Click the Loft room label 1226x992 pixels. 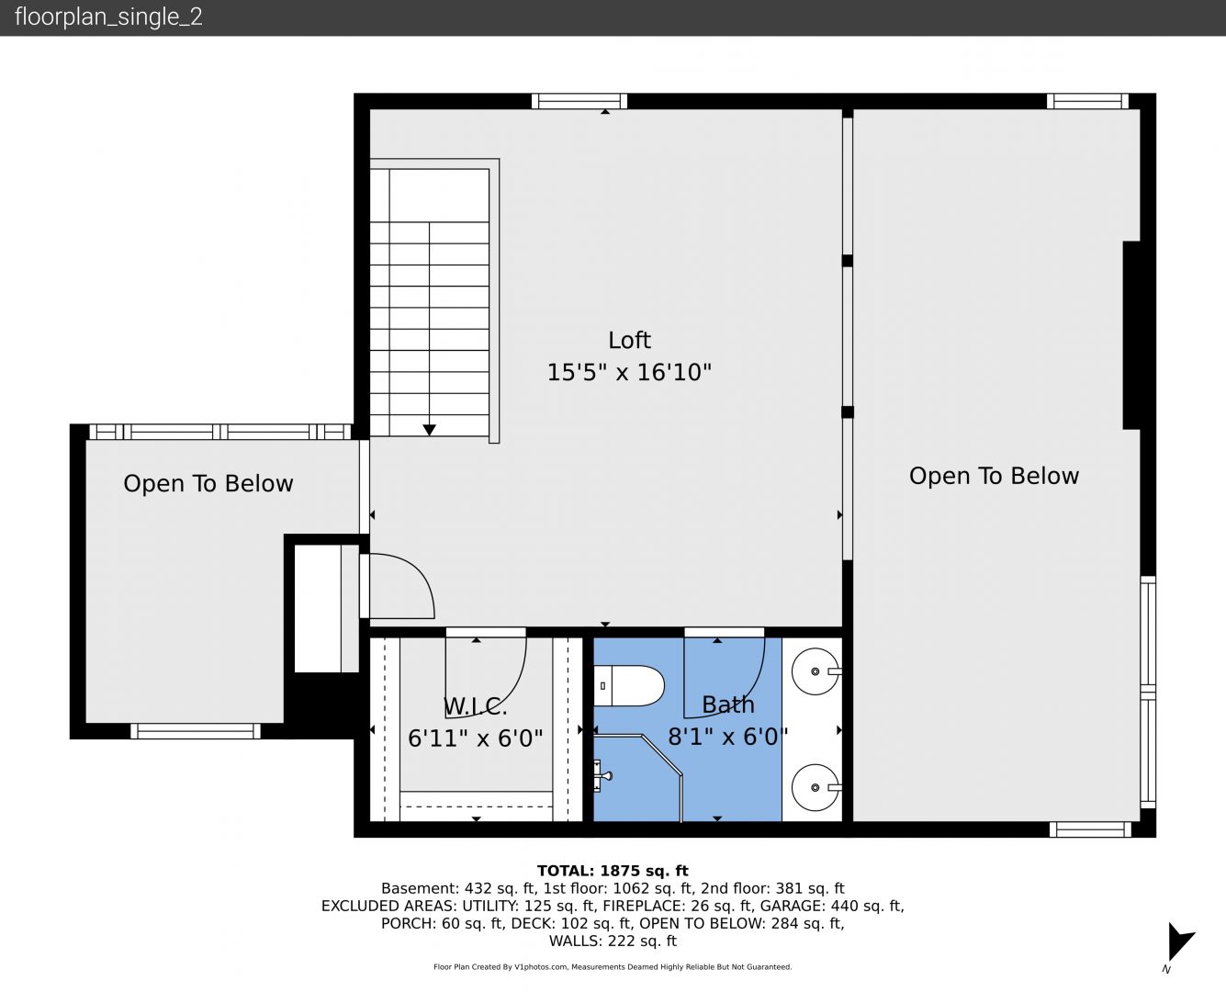coord(629,340)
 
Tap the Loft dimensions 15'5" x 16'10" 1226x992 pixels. coord(629,373)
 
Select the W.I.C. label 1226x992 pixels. coord(476,707)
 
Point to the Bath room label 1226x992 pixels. coord(728,705)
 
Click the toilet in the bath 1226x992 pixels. coord(628,686)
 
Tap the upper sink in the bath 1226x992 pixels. coord(816,671)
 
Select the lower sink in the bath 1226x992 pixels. coord(816,787)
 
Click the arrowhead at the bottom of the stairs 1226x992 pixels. coord(430,430)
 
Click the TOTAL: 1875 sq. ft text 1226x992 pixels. coord(613,871)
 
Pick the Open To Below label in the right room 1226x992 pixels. coord(994,476)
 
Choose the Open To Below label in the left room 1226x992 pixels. coord(208,484)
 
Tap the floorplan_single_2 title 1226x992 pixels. coord(108,17)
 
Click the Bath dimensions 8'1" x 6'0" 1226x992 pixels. coord(728,737)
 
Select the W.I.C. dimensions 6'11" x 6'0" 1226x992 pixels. coord(476,738)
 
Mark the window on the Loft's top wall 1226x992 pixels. coord(579,101)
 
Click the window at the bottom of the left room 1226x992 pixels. coord(196,731)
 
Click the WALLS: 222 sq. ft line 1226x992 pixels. coord(613,941)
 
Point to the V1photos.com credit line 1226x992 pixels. coord(613,967)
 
